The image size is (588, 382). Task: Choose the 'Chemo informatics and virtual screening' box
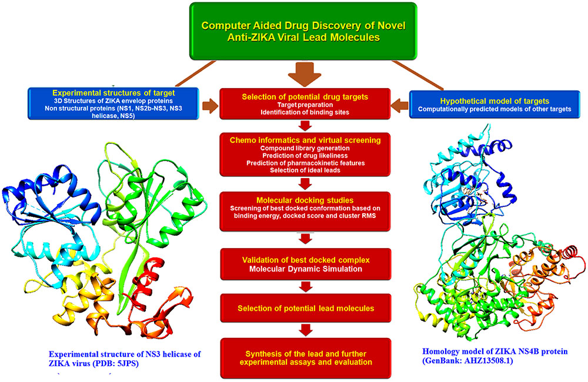tap(305, 155)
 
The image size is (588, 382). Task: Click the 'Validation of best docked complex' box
tap(305, 264)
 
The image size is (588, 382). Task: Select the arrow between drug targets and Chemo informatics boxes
tap(305, 126)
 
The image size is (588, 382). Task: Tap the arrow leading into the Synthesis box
tap(305, 331)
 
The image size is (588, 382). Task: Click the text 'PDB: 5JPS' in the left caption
tap(119, 363)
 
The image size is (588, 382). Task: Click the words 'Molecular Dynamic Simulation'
tap(305, 269)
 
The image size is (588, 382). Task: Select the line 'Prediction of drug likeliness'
tap(305, 155)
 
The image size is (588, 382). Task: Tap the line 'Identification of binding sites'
tap(305, 112)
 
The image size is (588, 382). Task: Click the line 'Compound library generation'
tap(305, 148)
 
